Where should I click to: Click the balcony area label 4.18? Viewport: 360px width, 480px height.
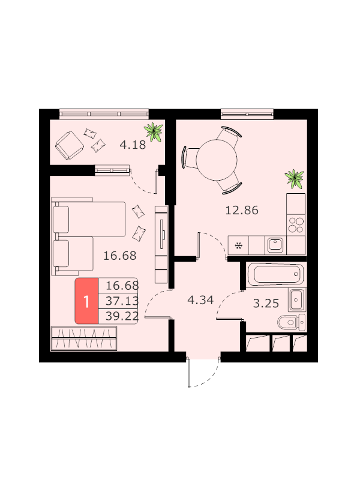pyautogui.click(x=133, y=145)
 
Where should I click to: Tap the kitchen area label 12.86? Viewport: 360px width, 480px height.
pyautogui.click(x=242, y=211)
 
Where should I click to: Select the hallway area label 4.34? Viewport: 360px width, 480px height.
pyautogui.click(x=200, y=300)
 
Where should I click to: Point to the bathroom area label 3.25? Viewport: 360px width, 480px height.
pyautogui.click(x=266, y=304)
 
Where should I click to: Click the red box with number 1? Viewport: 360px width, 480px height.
pyautogui.click(x=86, y=301)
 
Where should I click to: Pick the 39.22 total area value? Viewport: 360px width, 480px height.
pyautogui.click(x=122, y=316)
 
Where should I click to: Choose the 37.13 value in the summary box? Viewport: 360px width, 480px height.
pyautogui.click(x=122, y=301)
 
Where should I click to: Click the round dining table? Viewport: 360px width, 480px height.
pyautogui.click(x=217, y=160)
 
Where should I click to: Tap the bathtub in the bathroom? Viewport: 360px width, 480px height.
pyautogui.click(x=275, y=274)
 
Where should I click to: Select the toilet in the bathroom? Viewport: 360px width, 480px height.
pyautogui.click(x=291, y=322)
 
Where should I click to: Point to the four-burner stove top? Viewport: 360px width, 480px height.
pyautogui.click(x=296, y=225)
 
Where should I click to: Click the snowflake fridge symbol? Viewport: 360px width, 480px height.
pyautogui.click(x=238, y=245)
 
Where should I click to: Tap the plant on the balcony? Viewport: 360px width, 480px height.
pyautogui.click(x=154, y=132)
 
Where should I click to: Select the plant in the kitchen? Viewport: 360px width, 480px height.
pyautogui.click(x=295, y=179)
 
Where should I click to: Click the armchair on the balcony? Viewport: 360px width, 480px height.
pyautogui.click(x=70, y=145)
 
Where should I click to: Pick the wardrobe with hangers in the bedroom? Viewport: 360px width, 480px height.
pyautogui.click(x=84, y=338)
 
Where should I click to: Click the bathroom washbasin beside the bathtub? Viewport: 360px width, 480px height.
pyautogui.click(x=296, y=299)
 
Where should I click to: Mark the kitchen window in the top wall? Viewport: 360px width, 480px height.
pyautogui.click(x=247, y=115)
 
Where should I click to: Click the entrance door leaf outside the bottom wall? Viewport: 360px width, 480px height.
pyautogui.click(x=189, y=373)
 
